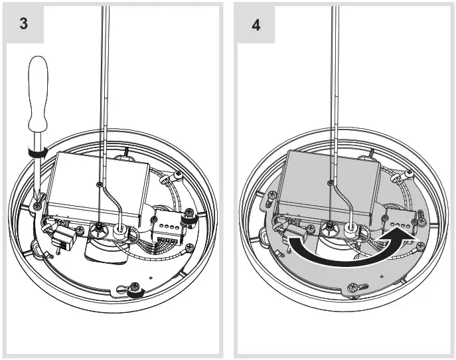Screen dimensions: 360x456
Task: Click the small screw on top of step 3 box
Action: tap(99, 184)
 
